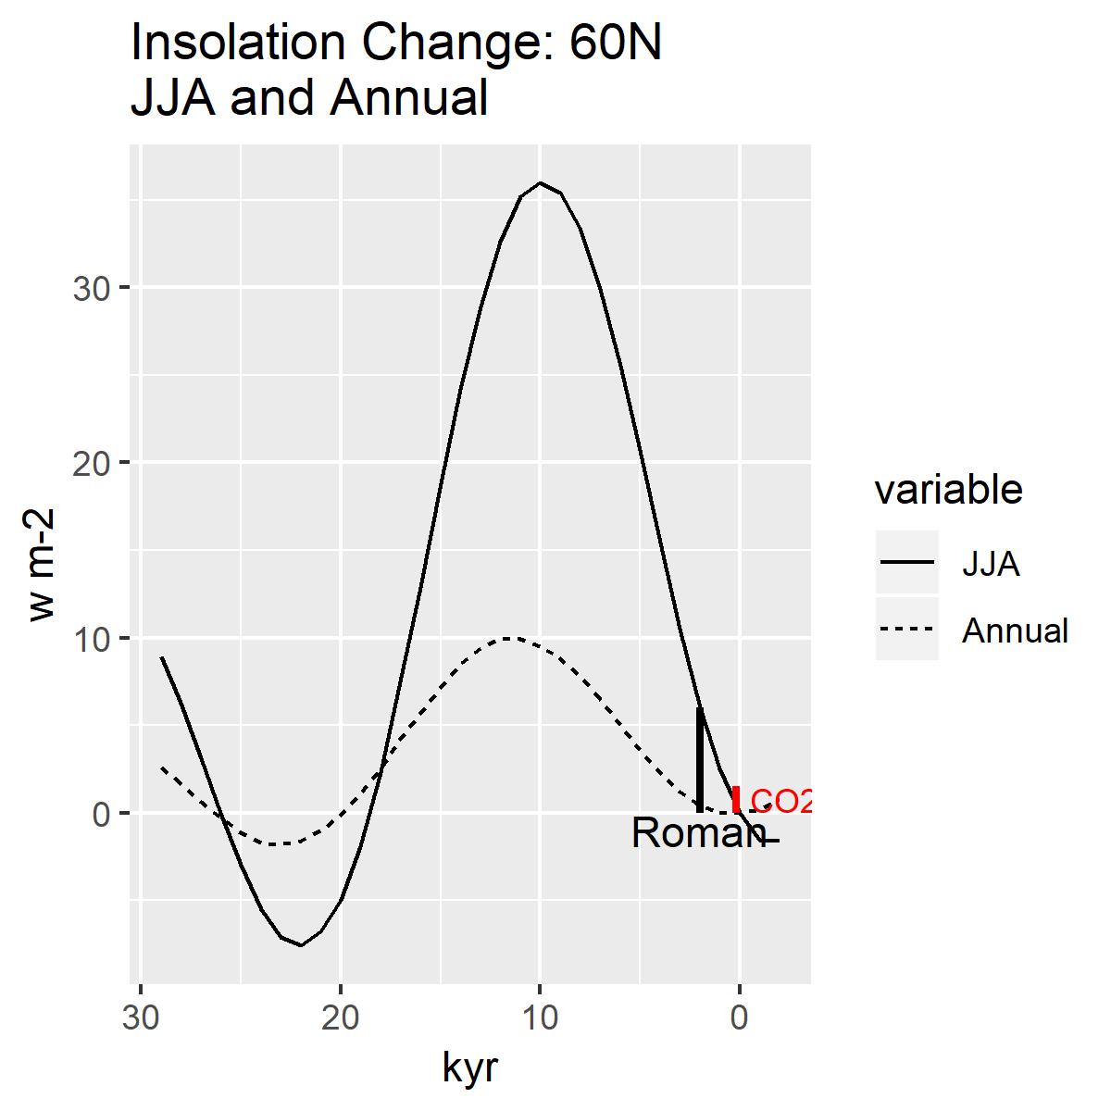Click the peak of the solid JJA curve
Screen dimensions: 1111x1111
point(541,183)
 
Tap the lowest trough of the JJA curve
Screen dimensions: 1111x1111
point(301,945)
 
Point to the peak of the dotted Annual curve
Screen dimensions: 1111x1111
point(510,638)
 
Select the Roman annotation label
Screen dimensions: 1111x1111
point(698,833)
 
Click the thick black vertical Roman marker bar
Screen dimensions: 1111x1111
point(700,759)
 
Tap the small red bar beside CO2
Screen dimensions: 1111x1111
point(736,799)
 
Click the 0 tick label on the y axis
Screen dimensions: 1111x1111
point(101,814)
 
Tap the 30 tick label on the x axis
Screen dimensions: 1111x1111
point(141,1018)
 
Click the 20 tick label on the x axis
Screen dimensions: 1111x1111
point(341,1018)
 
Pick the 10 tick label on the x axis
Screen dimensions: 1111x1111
point(541,1018)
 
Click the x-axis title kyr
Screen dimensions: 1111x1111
point(470,1067)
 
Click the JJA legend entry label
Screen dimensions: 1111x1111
point(991,564)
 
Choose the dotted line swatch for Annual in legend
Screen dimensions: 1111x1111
point(907,630)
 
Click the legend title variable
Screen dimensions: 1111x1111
point(949,490)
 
